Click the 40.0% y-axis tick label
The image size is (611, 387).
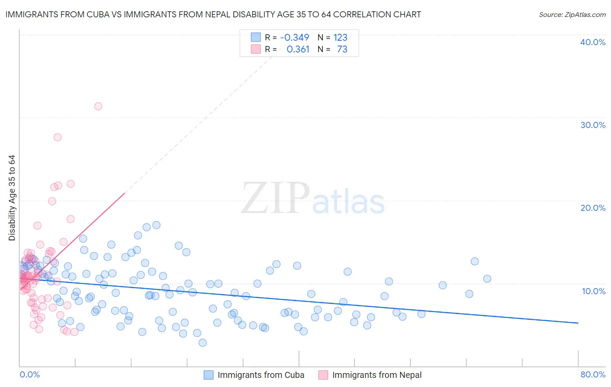(593, 42)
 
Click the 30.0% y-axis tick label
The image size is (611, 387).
(593, 125)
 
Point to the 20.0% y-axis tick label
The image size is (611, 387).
(593, 208)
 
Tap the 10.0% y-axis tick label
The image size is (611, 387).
(593, 291)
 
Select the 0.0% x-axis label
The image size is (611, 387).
(30, 375)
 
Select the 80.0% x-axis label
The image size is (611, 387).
(593, 375)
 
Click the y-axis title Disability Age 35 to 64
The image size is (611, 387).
(12, 198)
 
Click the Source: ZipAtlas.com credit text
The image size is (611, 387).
(572, 14)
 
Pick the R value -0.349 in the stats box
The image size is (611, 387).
(295, 38)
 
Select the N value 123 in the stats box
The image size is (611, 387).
(340, 38)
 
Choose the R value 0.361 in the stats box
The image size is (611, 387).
(298, 49)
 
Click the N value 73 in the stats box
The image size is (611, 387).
(342, 49)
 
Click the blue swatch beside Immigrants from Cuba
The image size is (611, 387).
(209, 375)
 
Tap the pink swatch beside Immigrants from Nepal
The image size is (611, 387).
(323, 375)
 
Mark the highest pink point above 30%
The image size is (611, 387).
(98, 106)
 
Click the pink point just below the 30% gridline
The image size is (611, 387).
(57, 137)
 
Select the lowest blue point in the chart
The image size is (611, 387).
(203, 343)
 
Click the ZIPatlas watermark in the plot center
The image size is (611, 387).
(313, 199)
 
